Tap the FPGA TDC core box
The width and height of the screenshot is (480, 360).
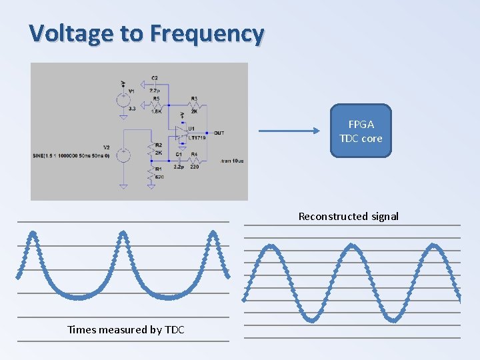pyautogui.click(x=361, y=131)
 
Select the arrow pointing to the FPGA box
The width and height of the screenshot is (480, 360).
pyautogui.click(x=289, y=131)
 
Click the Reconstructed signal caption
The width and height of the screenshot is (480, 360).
pyautogui.click(x=348, y=216)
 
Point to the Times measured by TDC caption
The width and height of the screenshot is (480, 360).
pyautogui.click(x=125, y=329)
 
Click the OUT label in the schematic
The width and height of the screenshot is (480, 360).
pyautogui.click(x=219, y=133)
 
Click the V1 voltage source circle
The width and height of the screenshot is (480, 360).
pyautogui.click(x=123, y=100)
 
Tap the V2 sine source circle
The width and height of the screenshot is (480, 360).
pyautogui.click(x=123, y=155)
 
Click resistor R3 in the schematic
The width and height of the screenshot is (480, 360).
pyautogui.click(x=194, y=105)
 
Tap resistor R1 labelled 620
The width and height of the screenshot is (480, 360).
pyautogui.click(x=152, y=174)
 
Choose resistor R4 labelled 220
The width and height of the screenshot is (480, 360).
pyautogui.click(x=194, y=161)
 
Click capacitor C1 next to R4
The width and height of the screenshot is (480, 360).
pyautogui.click(x=179, y=160)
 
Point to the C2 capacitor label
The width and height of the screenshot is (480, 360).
pyautogui.click(x=155, y=79)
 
